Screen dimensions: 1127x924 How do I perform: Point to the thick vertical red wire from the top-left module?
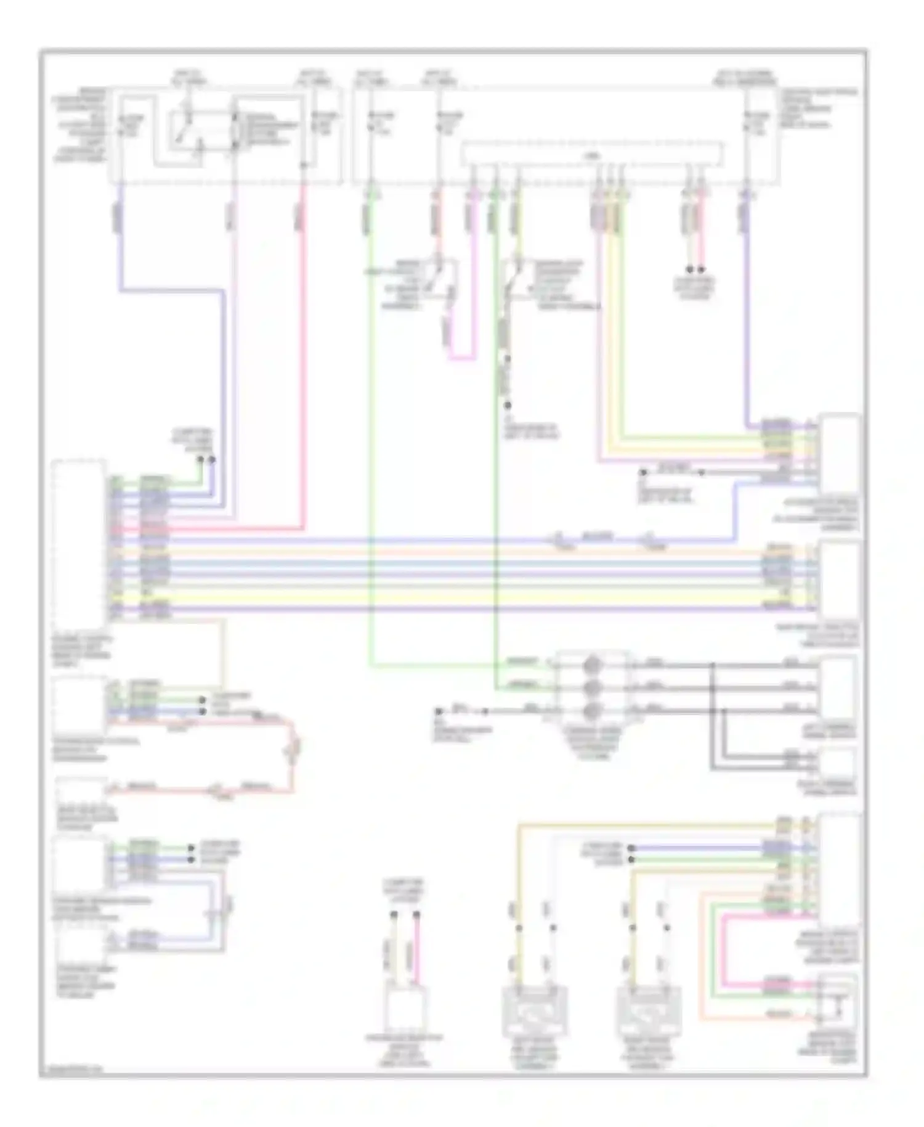tap(302, 370)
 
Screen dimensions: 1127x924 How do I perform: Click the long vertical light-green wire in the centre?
tap(370, 432)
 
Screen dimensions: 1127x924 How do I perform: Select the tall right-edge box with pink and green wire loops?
tap(841, 869)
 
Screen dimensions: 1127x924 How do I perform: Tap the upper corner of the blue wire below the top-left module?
tap(121, 289)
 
